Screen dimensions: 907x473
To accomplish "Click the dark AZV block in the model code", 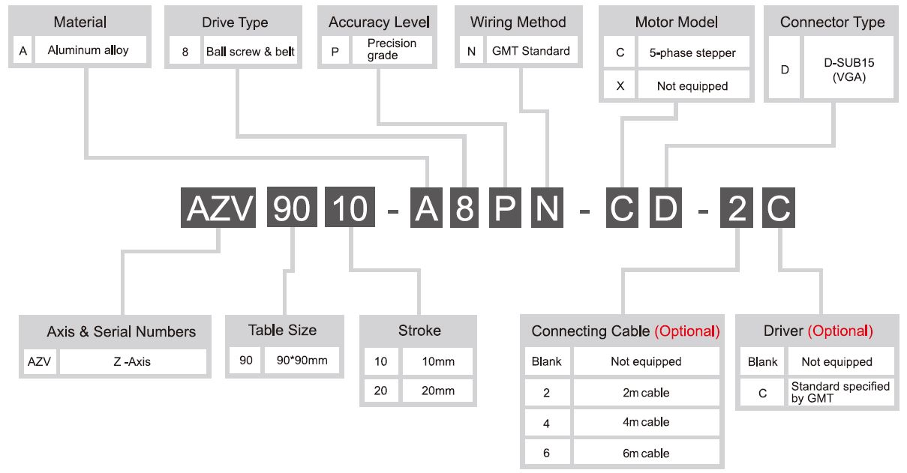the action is point(218,208).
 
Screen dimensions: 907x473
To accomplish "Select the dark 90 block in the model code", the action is point(292,208).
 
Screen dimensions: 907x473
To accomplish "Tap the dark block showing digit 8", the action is point(464,208).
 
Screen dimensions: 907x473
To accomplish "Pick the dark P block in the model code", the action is point(505,208).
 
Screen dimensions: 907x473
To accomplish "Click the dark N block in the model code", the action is point(547,208).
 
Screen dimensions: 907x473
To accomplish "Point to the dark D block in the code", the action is point(665,208).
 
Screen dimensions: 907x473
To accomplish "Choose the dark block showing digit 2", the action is point(737,208).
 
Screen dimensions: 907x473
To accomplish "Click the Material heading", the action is point(80,22).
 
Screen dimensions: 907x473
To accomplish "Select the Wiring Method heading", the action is point(518,22).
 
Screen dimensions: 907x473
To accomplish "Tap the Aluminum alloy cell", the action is point(91,49).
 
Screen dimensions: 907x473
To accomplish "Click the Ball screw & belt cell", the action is point(251,52).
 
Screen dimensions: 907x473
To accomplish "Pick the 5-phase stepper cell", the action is point(693,52).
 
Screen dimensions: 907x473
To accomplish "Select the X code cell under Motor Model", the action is point(620,85).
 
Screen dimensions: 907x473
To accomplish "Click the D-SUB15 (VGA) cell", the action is point(848,69).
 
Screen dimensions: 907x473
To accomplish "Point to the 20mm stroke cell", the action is point(437,391).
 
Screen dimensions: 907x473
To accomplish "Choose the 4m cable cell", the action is point(646,422).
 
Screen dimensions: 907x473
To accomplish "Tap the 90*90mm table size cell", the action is point(302,360).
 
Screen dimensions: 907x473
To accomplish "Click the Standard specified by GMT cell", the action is point(840,392).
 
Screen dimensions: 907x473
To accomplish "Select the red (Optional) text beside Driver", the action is point(840,331).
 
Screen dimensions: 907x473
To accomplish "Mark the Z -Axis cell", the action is point(132,361).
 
